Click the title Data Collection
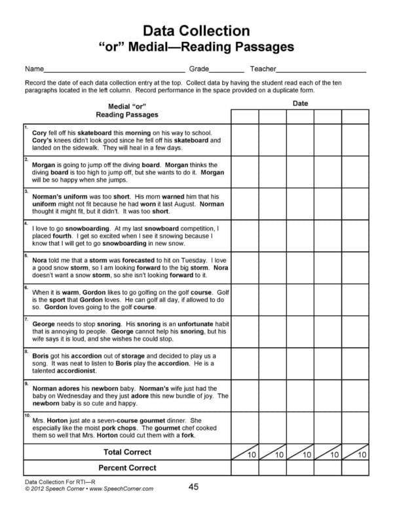click(196, 30)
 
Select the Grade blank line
click(227, 69)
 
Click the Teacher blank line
click(321, 69)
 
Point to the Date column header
click(300, 104)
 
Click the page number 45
click(193, 486)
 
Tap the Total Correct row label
click(127, 452)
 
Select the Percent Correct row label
click(127, 468)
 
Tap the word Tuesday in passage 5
click(174, 259)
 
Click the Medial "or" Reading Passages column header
click(127, 109)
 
